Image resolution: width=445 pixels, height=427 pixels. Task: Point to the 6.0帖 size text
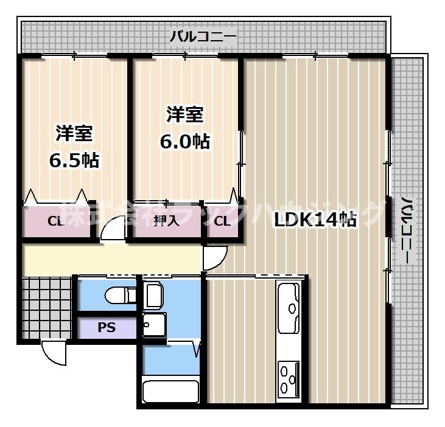point(185,141)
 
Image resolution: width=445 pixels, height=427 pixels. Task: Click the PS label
point(107,327)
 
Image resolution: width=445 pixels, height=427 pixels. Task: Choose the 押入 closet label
point(166,221)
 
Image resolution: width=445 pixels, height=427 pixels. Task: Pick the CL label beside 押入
point(222,221)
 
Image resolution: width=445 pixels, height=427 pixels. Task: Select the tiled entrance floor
point(46,307)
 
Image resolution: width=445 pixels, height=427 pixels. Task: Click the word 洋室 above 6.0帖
point(185,114)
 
